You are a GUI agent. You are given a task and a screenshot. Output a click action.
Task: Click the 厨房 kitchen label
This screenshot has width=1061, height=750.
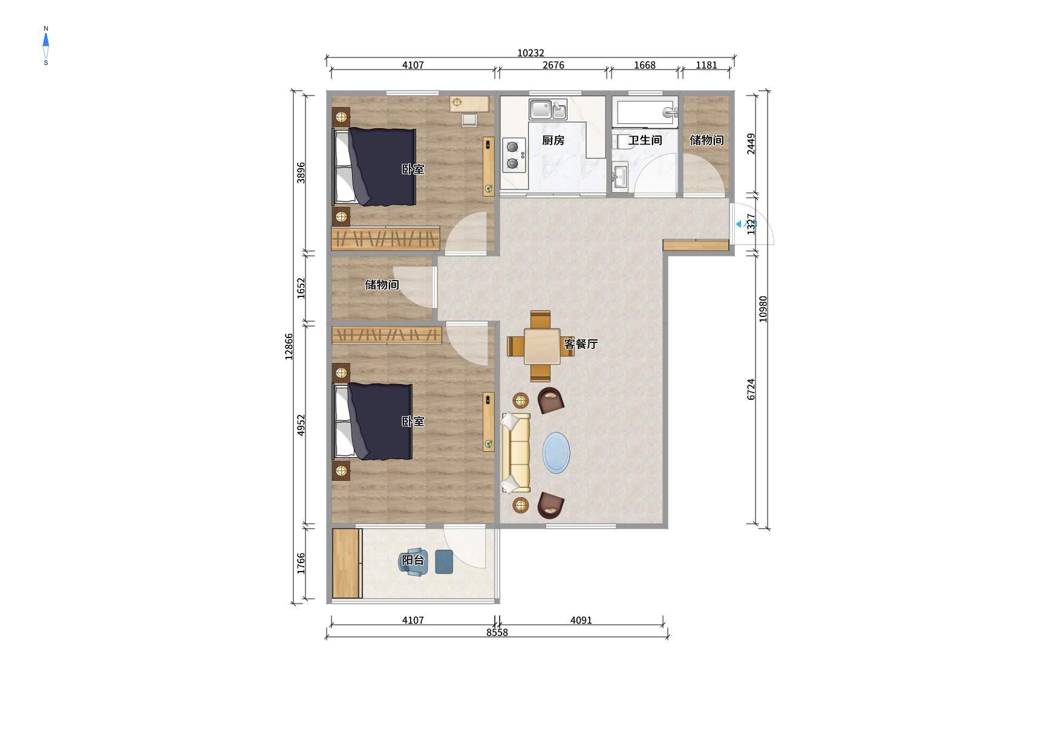[x=553, y=140]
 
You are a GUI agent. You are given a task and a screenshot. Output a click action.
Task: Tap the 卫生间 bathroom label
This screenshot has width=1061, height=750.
[x=645, y=140]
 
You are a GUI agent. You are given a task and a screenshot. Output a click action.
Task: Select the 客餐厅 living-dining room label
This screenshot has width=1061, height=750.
[x=581, y=344]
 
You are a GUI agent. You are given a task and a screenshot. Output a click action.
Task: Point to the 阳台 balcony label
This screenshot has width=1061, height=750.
[x=413, y=560]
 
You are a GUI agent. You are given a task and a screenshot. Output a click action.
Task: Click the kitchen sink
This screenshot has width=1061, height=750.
[x=548, y=109]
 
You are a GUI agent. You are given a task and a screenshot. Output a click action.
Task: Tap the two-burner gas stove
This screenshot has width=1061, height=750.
[x=513, y=155]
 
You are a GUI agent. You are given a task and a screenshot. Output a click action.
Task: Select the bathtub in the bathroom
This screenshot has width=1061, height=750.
[x=645, y=112]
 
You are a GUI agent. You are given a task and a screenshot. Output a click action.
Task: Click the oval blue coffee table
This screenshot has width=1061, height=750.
[x=557, y=452]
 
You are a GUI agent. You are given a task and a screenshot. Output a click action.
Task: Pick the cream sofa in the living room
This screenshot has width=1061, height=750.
[x=515, y=452]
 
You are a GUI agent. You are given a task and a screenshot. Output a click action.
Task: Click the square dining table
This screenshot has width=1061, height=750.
[x=542, y=346]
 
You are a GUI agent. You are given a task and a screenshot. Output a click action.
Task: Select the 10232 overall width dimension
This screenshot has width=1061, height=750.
[x=530, y=53]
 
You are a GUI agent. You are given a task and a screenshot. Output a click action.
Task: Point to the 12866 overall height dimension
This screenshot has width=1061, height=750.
[x=289, y=347]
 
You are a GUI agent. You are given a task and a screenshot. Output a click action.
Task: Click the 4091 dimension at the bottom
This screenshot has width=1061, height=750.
[x=581, y=620]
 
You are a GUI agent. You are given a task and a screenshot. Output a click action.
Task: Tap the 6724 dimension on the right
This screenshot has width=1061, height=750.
[x=751, y=389]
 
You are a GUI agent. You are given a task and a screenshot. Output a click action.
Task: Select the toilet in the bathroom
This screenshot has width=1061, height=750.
[x=620, y=142]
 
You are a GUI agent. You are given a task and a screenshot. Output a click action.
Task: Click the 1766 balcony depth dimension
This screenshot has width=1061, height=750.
[x=301, y=564]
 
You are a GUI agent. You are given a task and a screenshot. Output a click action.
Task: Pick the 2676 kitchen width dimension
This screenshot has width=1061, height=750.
[x=553, y=65]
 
